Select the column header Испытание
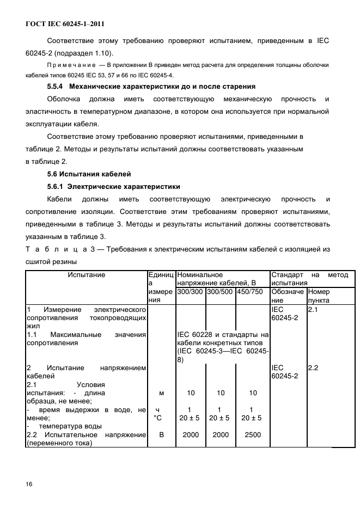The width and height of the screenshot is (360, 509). click(x=86, y=275)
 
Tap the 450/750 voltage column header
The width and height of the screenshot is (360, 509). click(x=249, y=291)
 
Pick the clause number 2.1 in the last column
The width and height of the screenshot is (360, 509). click(x=313, y=309)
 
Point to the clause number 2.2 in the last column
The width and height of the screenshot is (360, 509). click(x=313, y=368)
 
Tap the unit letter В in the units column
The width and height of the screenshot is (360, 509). click(x=161, y=434)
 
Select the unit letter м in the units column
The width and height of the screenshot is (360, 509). click(x=161, y=393)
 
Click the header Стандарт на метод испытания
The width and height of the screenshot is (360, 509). click(x=309, y=279)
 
